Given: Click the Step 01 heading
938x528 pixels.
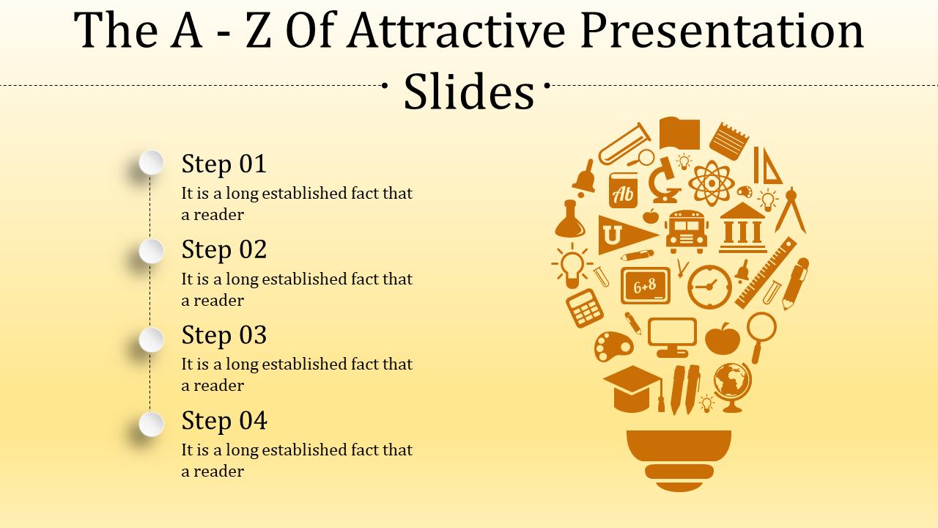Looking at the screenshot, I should point(224,164).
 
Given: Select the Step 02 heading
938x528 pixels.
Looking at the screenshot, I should point(224,249).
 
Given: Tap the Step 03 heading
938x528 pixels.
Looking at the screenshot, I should point(224,335).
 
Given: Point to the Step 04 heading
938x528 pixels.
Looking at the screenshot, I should point(224,421).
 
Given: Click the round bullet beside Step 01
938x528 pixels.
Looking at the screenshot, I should point(152,162).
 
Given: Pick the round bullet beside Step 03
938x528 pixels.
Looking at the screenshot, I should point(152,340).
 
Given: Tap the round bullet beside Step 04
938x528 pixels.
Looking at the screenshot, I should point(152,424).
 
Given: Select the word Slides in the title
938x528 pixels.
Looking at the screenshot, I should point(469,93).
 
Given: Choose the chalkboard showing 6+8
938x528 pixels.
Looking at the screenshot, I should point(646,286).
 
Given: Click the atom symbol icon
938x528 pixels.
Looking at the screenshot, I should point(710,183).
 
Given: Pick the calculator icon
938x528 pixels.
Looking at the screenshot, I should point(585,308).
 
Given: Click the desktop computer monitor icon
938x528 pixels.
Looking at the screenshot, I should point(672,336).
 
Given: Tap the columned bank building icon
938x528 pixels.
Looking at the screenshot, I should point(743,228).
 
